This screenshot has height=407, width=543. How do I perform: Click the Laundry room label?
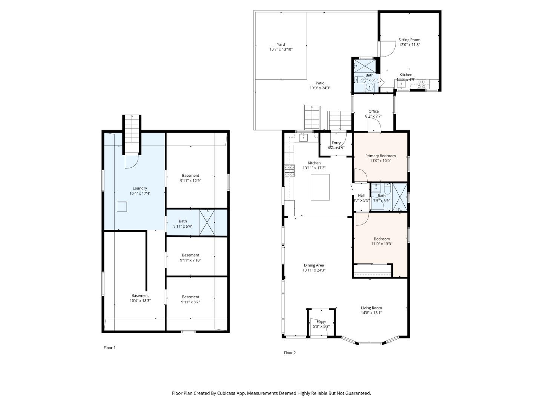(140, 188)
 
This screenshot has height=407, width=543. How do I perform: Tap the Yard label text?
(281, 44)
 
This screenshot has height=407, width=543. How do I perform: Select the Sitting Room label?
(410, 40)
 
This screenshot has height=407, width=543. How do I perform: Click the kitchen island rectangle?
(320, 187)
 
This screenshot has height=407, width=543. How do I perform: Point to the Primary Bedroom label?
(380, 156)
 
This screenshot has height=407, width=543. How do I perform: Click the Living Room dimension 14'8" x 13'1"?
(371, 313)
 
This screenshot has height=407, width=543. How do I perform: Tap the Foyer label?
(321, 321)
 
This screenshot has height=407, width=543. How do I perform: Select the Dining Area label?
(314, 265)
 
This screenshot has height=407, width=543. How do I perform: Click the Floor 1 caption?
(109, 348)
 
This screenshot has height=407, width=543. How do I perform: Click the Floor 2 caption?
(290, 353)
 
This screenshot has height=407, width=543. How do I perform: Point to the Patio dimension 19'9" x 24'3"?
(320, 88)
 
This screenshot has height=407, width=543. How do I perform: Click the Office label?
(373, 111)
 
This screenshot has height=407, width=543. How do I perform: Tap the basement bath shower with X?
(207, 223)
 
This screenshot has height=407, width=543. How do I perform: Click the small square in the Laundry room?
(121, 207)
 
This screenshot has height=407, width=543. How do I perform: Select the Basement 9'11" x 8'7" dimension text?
(190, 302)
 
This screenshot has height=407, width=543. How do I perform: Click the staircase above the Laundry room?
(132, 134)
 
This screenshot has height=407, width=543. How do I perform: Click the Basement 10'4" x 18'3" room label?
(140, 295)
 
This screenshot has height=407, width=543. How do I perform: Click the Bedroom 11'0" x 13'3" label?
(382, 239)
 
